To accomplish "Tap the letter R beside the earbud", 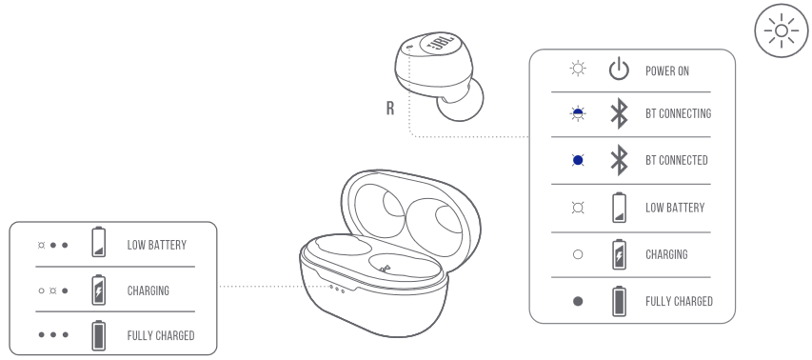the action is tap(390, 109).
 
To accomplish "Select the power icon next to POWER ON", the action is tap(619, 70).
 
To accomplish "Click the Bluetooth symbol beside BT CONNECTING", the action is tap(620, 113).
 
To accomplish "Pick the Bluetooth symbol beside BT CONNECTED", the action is tap(620, 160).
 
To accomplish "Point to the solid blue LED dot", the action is tap(578, 161).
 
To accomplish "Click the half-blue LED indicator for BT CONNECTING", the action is tap(578, 113).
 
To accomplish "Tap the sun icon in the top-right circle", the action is tap(782, 31).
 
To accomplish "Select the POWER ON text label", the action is tap(667, 71).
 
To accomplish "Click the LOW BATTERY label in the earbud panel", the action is tap(675, 208).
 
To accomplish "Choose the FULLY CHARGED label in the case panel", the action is tap(161, 335).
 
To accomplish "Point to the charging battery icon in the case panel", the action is tap(98, 290).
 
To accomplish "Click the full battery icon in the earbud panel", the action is tap(619, 301).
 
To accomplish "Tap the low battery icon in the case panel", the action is tap(98, 242).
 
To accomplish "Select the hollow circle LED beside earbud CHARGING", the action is tap(578, 254).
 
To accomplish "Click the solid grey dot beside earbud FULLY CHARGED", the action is tap(578, 301).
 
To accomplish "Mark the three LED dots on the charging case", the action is tap(337, 289).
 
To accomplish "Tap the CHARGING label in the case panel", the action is tap(149, 290).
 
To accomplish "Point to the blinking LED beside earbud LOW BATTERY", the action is tap(578, 208).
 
